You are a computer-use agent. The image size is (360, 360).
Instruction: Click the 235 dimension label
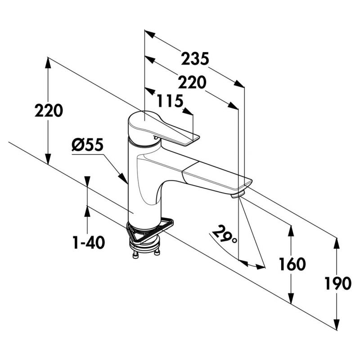coord(195,59)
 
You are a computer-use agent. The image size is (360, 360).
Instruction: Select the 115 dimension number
coord(170,101)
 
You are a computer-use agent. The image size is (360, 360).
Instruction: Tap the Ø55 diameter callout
coord(87,145)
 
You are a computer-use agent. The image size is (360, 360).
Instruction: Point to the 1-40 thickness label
coord(89,243)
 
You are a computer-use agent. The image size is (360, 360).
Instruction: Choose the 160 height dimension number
coord(292,264)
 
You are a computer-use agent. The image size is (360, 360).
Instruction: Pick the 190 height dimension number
coord(338,283)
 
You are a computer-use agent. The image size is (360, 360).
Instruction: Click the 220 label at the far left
coord(49,110)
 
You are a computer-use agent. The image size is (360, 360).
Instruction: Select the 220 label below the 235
coord(192,82)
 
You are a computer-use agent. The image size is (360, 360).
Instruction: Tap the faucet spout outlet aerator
coord(238,195)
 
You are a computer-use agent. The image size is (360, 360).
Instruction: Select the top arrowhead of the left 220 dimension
coord(48,63)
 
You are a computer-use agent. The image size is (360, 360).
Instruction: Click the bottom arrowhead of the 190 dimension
coord(337,325)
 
